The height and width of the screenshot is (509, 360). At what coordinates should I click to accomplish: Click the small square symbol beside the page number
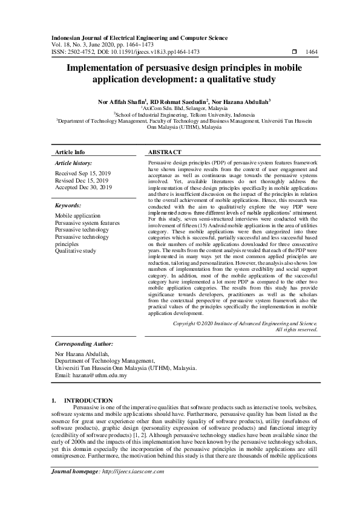294,53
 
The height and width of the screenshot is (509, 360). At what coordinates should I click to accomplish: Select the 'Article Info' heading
70,152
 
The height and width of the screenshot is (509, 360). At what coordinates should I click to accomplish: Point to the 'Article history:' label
74,163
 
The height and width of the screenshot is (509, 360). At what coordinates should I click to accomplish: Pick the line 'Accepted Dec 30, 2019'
83,187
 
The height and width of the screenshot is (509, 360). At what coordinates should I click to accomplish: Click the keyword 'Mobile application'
78,215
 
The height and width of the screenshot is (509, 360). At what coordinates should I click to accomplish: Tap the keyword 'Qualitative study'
76,250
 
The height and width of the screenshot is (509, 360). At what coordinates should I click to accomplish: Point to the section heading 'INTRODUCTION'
88,400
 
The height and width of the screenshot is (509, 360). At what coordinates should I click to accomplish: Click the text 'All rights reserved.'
296,329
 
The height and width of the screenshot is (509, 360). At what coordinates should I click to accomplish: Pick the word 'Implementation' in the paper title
115,68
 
